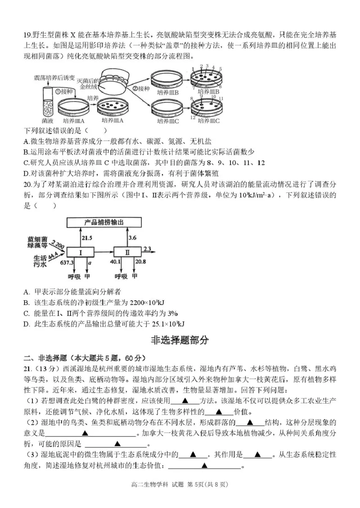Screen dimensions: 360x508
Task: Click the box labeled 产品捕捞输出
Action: (x=104, y=223)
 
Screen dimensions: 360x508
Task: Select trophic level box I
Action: (x=81, y=253)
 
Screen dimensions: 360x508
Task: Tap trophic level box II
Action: (x=127, y=253)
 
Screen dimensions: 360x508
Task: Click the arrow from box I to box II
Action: (x=103, y=253)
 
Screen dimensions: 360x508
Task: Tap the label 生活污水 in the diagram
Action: (x=37, y=261)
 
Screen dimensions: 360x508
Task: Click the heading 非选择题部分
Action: (x=180, y=340)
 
